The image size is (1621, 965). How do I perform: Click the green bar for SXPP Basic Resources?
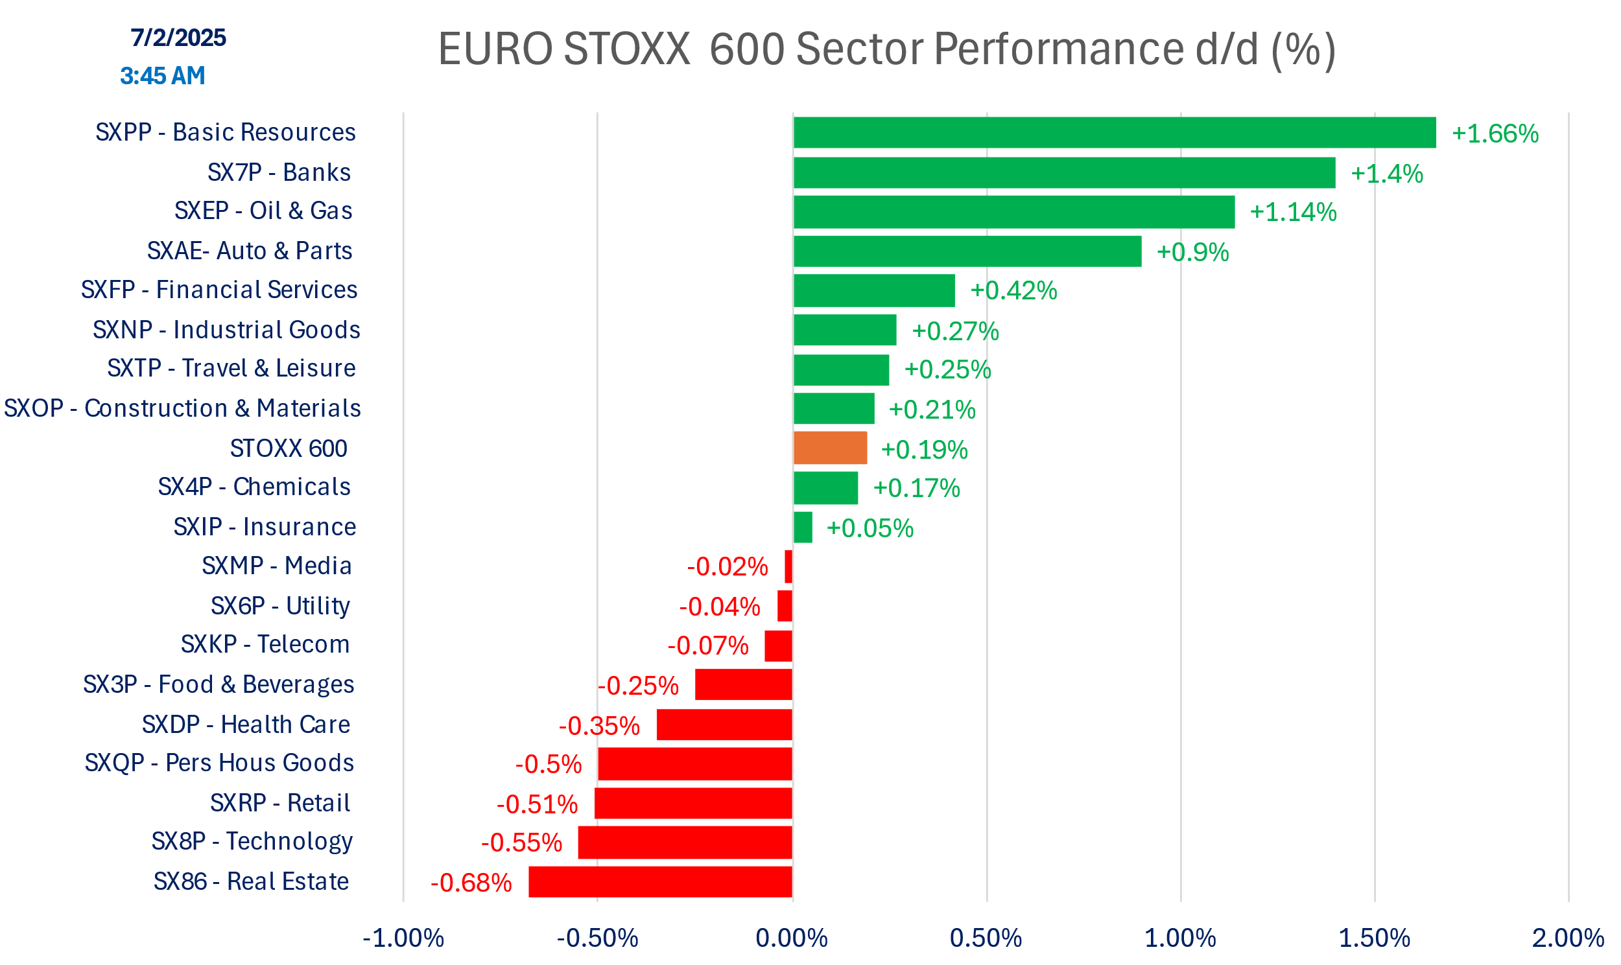point(1114,133)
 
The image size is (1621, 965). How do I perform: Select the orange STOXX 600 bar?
point(830,448)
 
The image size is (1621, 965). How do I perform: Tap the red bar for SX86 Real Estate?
point(660,882)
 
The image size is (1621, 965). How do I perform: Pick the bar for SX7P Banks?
point(1064,173)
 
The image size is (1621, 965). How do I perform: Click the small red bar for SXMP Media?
point(788,566)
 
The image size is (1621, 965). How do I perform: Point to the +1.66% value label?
point(1495,134)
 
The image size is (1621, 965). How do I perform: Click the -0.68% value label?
point(471,883)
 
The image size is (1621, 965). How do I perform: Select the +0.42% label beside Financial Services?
point(1013,291)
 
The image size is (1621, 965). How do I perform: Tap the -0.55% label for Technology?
point(521,843)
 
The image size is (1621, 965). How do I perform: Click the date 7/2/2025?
point(178,38)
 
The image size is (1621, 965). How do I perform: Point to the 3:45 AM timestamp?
point(163,76)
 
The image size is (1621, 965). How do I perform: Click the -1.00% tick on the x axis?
point(403,938)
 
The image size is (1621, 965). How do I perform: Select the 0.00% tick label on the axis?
point(792,938)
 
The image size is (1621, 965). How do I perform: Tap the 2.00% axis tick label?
point(1568,938)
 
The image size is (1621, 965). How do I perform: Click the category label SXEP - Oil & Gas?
point(263,211)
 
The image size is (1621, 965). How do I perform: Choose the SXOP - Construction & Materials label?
point(182,408)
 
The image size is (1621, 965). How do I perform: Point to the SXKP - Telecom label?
point(265,644)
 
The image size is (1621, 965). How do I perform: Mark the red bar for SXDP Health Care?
point(724,725)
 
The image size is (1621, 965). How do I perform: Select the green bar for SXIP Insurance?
point(803,528)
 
